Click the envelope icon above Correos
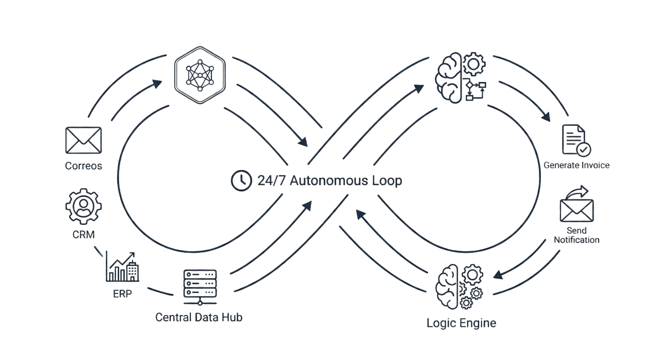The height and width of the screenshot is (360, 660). point(84,140)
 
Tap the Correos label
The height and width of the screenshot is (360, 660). point(84,166)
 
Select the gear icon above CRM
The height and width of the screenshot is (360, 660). point(84,206)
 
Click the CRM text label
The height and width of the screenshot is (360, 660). point(84,235)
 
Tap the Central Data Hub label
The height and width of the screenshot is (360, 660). point(199,317)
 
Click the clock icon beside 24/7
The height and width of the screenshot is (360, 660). point(239,180)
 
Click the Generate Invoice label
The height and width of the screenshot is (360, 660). point(576,166)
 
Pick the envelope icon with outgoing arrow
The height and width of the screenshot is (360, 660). point(576,205)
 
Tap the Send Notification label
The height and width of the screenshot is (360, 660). point(576,235)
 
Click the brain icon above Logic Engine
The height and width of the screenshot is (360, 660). point(459,287)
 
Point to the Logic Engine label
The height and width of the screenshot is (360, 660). point(461,323)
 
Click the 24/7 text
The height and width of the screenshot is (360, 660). point(269,181)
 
